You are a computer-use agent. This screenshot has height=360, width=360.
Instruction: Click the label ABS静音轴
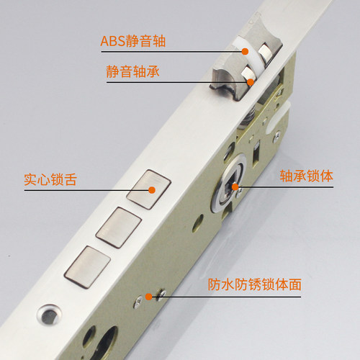[x=133, y=40]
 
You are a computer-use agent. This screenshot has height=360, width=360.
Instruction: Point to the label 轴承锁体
[x=306, y=175]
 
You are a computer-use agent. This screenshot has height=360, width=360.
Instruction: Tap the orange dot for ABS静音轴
[x=246, y=51]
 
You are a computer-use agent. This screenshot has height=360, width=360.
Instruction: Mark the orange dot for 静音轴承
[x=249, y=82]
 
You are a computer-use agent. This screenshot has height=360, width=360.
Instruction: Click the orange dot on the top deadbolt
[x=152, y=190]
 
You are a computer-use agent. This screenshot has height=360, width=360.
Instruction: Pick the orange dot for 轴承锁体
[x=235, y=188]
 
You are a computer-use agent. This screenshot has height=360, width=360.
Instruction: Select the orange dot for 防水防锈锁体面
[x=149, y=295]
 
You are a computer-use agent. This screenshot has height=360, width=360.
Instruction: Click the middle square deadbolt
[x=117, y=226]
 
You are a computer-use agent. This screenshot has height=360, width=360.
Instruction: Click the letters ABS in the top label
[x=112, y=40]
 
